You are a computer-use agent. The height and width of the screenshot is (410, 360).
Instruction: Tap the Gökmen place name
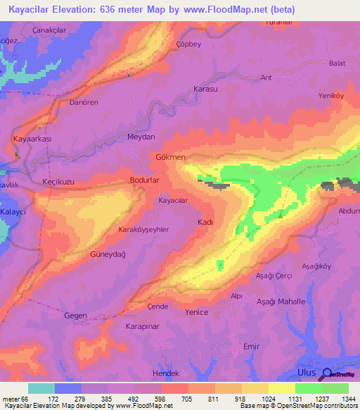click(x=170, y=156)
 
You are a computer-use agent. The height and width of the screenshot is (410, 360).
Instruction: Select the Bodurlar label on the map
click(x=146, y=181)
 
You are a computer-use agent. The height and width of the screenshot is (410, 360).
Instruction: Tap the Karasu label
click(x=206, y=90)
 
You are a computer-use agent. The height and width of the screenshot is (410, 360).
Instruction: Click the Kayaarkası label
click(x=33, y=139)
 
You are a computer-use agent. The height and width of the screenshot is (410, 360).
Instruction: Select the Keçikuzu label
click(x=58, y=182)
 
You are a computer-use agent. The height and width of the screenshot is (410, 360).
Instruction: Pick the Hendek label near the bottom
click(x=166, y=373)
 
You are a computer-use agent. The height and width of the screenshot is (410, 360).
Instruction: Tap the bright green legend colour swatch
click(x=309, y=388)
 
